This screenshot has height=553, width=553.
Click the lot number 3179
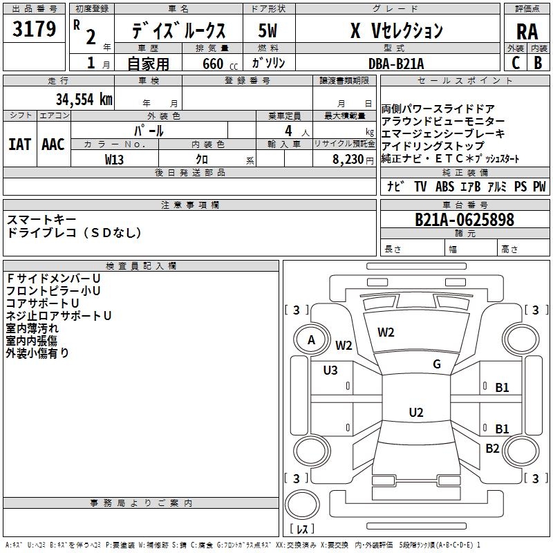[x=34, y=29]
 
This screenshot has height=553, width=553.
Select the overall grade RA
[x=527, y=32]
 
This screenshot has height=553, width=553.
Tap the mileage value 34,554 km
[x=84, y=100]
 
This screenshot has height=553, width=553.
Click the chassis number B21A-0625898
[x=465, y=219]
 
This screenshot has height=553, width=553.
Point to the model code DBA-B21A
[x=396, y=64]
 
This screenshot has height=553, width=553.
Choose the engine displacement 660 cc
[x=220, y=64]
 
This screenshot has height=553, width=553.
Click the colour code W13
[x=114, y=160]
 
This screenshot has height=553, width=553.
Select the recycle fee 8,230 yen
[x=353, y=160]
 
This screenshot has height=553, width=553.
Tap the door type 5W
[x=268, y=30]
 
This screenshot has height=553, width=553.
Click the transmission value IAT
[x=19, y=144]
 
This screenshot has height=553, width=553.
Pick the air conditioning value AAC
[x=53, y=144]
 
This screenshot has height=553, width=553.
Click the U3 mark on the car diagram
[x=330, y=371]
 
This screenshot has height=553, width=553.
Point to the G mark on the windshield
[x=437, y=364]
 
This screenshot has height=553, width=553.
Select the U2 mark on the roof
[x=416, y=412]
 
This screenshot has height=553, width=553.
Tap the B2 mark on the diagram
[x=492, y=449]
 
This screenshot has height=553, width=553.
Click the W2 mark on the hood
[x=386, y=332]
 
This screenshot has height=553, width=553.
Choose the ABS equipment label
[x=444, y=187]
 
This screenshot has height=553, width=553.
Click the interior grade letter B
[x=538, y=63]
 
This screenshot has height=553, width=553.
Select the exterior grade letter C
[x=516, y=63]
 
